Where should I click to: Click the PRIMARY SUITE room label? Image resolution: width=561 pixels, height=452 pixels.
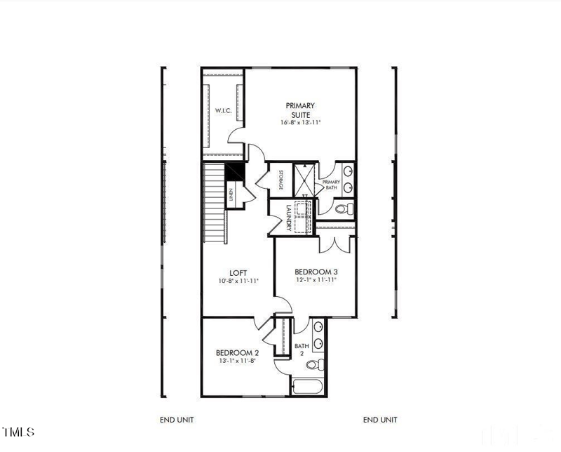[299, 109]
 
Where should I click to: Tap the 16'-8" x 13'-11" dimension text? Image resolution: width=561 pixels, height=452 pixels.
[299, 122]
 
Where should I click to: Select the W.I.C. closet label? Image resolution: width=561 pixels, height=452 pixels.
[223, 110]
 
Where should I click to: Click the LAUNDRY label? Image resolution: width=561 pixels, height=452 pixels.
[288, 218]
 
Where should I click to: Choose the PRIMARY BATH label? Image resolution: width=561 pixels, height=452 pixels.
[331, 185]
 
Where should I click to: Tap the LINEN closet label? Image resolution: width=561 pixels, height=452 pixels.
[230, 194]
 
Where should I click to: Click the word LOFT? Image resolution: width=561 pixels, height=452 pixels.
[238, 273]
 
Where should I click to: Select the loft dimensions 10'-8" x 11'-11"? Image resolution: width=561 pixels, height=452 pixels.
[238, 281]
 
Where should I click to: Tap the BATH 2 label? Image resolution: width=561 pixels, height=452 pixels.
[302, 350]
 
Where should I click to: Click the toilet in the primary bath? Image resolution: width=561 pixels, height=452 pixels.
[343, 208]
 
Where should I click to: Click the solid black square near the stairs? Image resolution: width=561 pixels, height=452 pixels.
[234, 171]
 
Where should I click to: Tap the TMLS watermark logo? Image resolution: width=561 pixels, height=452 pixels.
[18, 432]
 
